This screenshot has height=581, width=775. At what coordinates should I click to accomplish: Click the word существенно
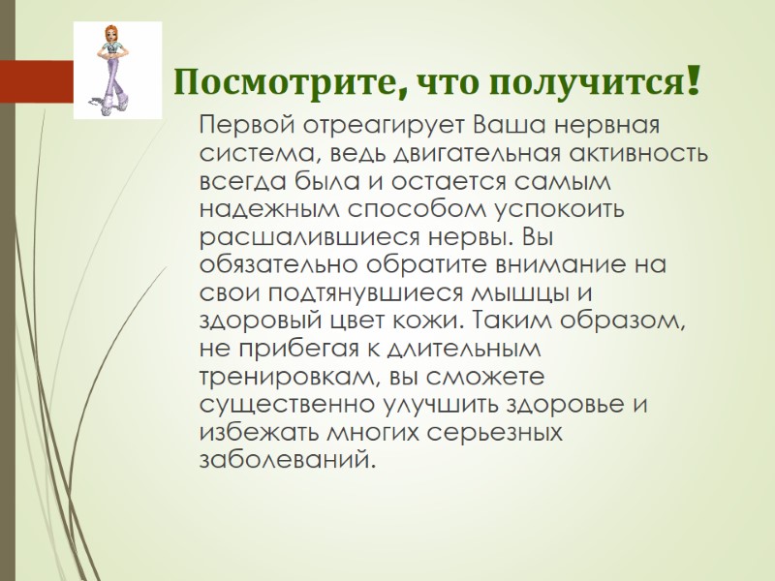coord(282,403)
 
